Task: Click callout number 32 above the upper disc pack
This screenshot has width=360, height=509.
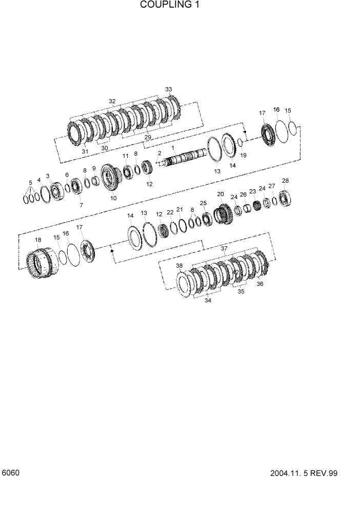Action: pyautogui.click(x=112, y=101)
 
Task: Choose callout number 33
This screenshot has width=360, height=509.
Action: pyautogui.click(x=168, y=89)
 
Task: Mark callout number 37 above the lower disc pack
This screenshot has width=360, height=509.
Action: pyautogui.click(x=224, y=248)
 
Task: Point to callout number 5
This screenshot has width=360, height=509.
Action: pyautogui.click(x=30, y=182)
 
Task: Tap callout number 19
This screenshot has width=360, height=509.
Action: pyautogui.click(x=244, y=154)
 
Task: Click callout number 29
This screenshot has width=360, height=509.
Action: pyautogui.click(x=148, y=138)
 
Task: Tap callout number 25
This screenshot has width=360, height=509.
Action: pyautogui.click(x=203, y=203)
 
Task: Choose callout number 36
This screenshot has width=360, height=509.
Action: pyautogui.click(x=259, y=284)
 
